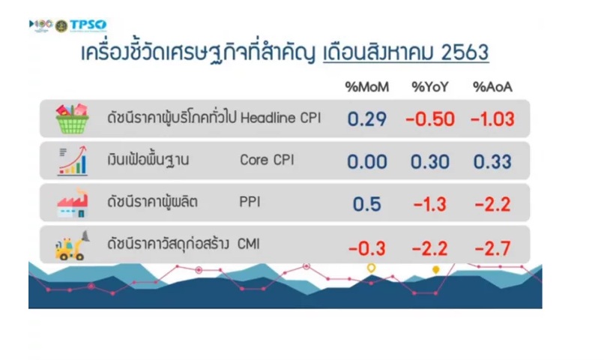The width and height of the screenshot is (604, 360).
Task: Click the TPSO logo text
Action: tap(88, 25)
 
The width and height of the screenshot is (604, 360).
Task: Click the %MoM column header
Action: tap(366, 87)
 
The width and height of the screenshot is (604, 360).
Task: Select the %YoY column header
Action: tap(430, 87)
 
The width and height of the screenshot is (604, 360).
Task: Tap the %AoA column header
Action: tap(492, 87)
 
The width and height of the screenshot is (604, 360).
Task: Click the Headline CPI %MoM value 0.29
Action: tap(366, 119)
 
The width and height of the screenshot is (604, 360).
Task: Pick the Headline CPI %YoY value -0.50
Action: tap(430, 119)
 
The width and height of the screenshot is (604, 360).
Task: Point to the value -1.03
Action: tap(492, 119)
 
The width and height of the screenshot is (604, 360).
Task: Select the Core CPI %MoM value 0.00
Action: tap(366, 161)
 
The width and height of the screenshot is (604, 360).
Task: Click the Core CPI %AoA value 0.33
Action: tap(492, 161)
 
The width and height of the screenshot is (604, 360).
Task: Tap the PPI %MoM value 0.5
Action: tap(366, 204)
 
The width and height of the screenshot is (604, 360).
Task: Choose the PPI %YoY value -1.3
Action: tap(430, 204)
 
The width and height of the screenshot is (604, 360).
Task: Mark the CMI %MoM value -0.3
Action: tap(366, 248)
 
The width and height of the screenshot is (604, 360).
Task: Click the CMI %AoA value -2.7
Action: tap(492, 248)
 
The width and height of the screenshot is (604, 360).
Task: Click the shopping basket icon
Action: tap(72, 118)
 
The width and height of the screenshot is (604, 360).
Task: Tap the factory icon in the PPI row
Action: tap(73, 203)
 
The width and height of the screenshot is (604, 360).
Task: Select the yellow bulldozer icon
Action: tap(72, 245)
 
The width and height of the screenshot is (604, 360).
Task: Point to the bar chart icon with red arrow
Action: tap(73, 160)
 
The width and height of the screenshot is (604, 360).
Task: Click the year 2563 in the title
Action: tap(465, 52)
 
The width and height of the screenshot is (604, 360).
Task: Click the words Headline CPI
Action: tap(280, 118)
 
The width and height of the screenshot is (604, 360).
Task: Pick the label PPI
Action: tap(250, 202)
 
